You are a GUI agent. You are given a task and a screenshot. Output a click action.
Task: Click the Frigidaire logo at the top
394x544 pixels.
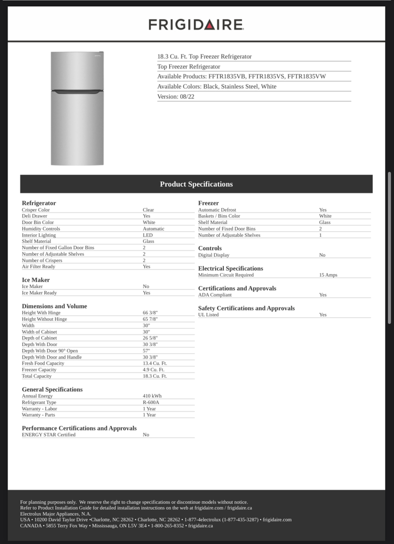tap(196, 25)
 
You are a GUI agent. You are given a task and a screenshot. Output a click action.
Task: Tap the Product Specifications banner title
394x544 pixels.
tap(196, 184)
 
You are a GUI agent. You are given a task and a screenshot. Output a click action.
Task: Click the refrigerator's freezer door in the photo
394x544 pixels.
tap(77, 71)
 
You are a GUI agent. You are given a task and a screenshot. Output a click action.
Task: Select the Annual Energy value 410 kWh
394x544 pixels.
tap(152, 396)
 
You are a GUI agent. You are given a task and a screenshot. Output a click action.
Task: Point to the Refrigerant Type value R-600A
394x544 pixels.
tap(151, 402)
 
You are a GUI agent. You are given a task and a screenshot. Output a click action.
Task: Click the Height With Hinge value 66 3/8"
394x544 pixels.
tap(150, 313)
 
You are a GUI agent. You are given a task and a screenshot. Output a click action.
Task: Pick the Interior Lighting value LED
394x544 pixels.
tap(147, 235)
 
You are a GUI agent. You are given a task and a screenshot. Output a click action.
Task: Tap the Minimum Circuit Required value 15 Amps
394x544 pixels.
tap(328, 275)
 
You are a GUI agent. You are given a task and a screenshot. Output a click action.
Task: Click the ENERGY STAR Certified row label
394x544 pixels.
tap(49, 435)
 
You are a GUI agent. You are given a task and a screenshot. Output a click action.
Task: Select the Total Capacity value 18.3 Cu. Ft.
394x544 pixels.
tap(154, 376)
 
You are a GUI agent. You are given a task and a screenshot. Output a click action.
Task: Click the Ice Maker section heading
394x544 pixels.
tap(36, 280)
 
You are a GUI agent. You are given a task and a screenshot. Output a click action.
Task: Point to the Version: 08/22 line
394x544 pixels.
tap(176, 97)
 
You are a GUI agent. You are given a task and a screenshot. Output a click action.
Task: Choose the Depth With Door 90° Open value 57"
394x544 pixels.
tap(146, 351)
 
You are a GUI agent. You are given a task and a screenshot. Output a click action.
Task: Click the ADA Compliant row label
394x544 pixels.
tap(215, 295)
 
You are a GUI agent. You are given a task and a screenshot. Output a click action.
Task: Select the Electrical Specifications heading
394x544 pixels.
tap(230, 268)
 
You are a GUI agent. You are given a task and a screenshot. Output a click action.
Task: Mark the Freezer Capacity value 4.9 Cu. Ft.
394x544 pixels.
tap(153, 370)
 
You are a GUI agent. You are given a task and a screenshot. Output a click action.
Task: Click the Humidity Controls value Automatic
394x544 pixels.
tap(153, 229)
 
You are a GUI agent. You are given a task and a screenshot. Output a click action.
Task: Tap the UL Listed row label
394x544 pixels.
tap(208, 315)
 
